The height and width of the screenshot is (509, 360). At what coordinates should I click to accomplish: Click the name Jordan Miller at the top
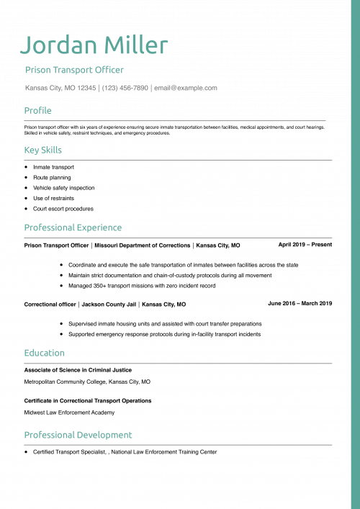point(94,45)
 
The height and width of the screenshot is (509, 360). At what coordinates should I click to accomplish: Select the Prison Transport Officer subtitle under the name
point(74,70)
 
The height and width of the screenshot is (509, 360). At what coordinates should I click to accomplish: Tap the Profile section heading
point(37,110)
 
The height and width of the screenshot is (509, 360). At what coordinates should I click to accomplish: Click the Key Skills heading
point(42,150)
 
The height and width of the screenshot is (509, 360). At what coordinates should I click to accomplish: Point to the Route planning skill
point(52,177)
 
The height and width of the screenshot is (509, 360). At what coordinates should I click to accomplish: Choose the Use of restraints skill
point(53,198)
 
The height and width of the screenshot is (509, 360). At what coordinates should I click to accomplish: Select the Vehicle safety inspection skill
point(63,188)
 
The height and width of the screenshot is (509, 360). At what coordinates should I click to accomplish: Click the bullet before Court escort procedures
point(26,209)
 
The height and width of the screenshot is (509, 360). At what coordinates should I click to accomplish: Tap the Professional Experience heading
point(73,228)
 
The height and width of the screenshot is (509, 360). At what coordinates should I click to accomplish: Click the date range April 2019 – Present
point(305,244)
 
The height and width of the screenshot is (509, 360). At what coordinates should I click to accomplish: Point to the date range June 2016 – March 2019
point(300,303)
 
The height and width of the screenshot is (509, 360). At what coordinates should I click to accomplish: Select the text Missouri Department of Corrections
point(143,245)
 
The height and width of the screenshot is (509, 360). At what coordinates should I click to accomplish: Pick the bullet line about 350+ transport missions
point(142,286)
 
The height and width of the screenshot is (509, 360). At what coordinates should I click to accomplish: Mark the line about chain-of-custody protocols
point(170,275)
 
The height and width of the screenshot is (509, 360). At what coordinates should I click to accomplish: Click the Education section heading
point(44,353)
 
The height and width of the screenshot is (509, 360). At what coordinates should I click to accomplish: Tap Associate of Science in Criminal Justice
point(78,369)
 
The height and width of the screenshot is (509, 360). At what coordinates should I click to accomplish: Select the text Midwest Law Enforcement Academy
point(69,413)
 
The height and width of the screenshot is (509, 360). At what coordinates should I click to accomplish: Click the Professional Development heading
point(78,435)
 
